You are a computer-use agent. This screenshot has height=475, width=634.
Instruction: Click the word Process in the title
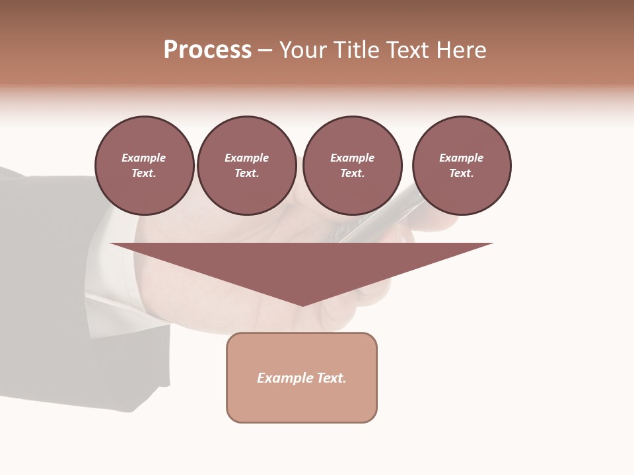[x=207, y=50]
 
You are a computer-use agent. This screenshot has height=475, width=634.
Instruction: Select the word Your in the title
[x=304, y=50]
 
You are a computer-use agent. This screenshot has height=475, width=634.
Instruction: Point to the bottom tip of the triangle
[x=302, y=305]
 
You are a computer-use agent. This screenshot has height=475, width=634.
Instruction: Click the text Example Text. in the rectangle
[x=302, y=378]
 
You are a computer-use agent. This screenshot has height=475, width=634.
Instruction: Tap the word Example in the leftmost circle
[x=144, y=158]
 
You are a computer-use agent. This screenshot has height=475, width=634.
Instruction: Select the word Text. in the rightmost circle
[x=462, y=173]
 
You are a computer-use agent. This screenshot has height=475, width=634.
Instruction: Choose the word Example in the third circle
[x=352, y=158]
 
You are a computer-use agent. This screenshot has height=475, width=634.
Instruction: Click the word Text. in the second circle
[x=247, y=173]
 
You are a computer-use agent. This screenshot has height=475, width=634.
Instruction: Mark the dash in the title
[x=265, y=50]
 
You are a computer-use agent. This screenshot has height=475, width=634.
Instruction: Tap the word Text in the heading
[x=406, y=50]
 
